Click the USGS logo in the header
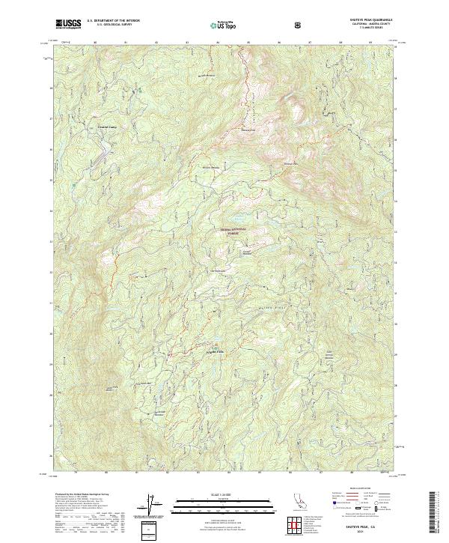[68, 25]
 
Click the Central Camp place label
[109, 127]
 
